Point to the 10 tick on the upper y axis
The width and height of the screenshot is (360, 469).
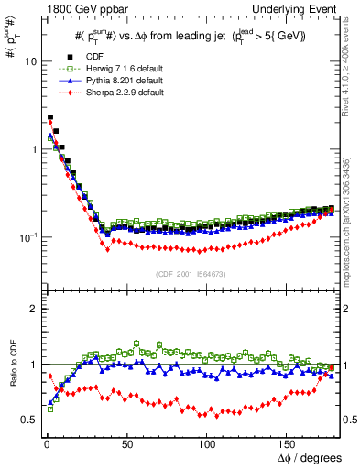(x=27, y=61)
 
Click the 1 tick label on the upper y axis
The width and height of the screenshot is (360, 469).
(x=30, y=149)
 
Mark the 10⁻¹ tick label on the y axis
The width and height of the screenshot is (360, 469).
(x=25, y=236)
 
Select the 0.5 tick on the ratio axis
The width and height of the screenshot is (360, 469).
(x=26, y=420)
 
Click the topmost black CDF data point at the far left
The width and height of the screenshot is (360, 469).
(x=49, y=118)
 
